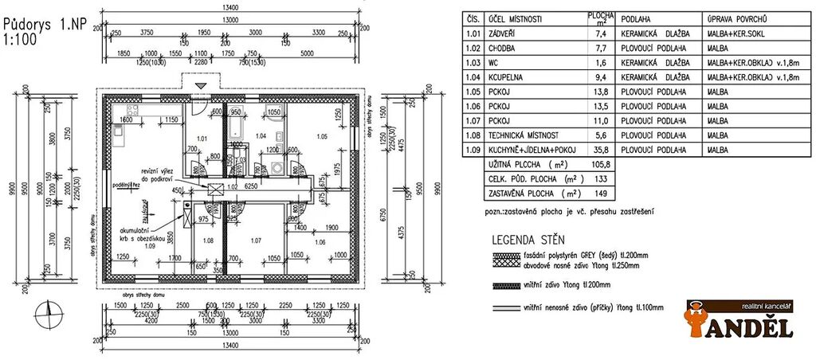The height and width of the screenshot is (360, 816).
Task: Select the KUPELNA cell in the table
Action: [x=508, y=77]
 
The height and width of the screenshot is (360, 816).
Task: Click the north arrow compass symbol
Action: [x=49, y=313]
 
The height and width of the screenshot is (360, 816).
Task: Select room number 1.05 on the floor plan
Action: [x=321, y=136]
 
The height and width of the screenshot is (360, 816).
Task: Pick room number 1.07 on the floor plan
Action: [x=256, y=240]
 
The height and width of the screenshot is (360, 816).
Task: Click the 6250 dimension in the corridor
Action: [x=251, y=186]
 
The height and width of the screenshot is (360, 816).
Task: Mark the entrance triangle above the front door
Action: [x=202, y=84]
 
